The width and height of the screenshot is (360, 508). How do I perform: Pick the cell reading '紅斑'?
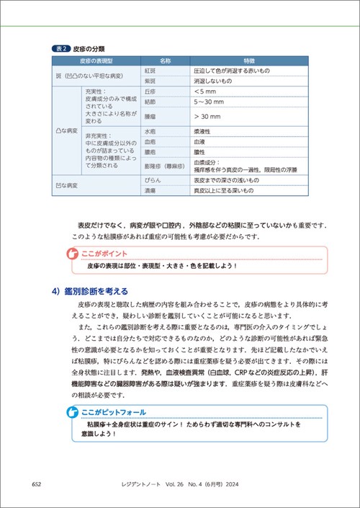(150, 72)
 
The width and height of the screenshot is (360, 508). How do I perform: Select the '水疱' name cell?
(150, 132)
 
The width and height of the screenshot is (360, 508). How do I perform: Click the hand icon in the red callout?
(71, 254)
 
